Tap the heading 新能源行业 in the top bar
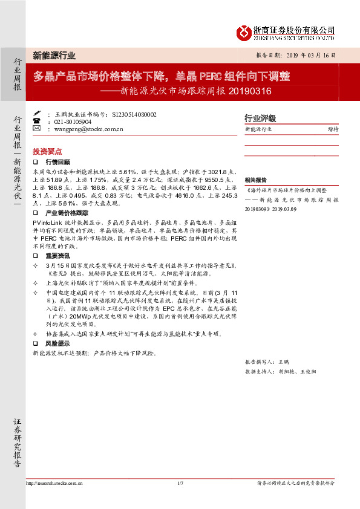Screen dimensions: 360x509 tap(54, 55)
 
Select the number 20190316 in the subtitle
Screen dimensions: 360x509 tap(250, 92)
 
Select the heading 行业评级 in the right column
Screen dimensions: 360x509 tap(260, 118)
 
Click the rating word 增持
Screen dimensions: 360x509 tap(333, 129)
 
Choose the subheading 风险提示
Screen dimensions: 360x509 tap(57, 343)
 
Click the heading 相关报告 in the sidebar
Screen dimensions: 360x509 tap(255, 180)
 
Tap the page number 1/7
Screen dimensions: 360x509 tap(180, 483)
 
